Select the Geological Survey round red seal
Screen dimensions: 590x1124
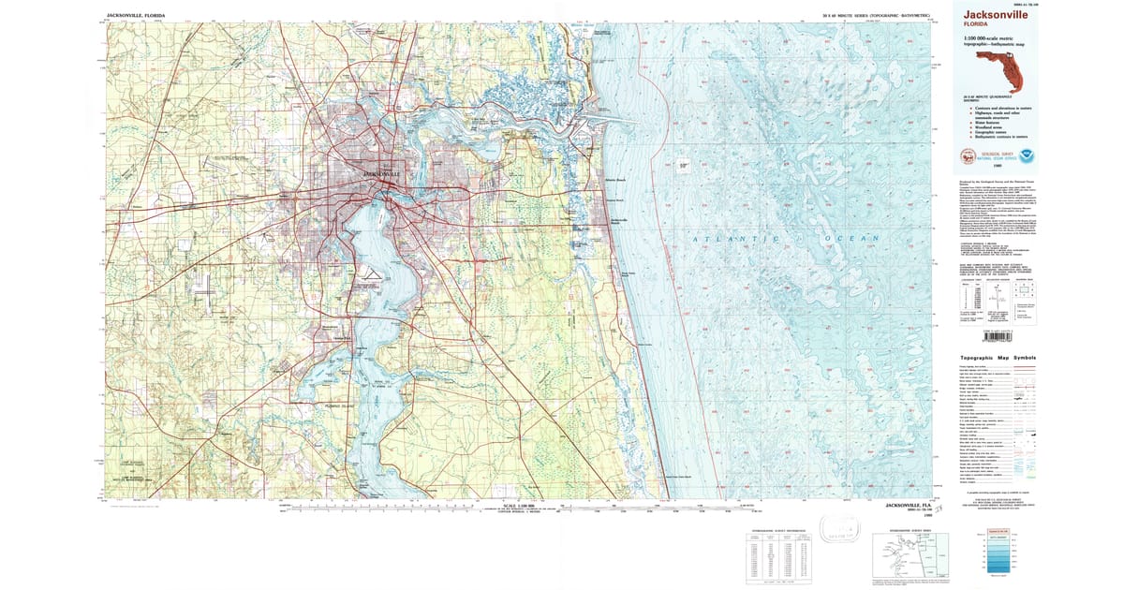coord(968,156)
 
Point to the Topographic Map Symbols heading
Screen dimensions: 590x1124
coord(998,358)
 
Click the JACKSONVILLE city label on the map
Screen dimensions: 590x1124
coord(381,174)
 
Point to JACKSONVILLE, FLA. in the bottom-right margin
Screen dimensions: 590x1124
coord(910,505)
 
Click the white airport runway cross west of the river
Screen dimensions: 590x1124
coord(205,294)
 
